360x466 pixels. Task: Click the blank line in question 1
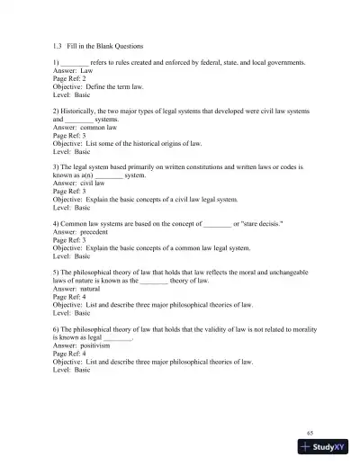(x=75, y=62)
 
